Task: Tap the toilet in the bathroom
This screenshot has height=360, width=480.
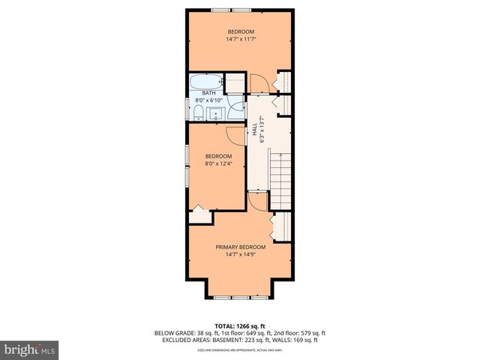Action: coord(197,113)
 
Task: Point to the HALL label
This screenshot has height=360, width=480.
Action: coord(254,132)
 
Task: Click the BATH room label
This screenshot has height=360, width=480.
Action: coord(208,93)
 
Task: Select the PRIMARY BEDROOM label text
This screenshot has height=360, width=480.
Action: coord(241,247)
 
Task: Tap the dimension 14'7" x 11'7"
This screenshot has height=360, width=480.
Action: coord(241,39)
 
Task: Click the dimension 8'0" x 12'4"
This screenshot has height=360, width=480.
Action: coord(219,163)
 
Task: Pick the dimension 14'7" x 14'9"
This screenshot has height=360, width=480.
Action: coord(241,254)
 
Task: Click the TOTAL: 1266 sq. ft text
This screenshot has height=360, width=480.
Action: coord(240,325)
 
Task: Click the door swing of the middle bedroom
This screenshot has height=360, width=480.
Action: coord(237,136)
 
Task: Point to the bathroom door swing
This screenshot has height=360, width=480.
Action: coord(238,106)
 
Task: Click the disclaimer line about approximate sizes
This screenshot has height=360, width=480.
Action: coord(240,350)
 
